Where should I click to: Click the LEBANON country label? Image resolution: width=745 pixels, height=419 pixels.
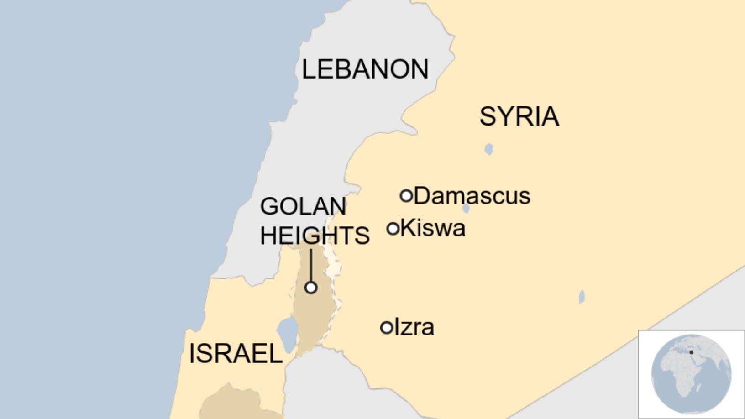(x=365, y=69)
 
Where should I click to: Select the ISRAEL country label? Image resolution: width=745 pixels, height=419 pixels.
(x=236, y=354)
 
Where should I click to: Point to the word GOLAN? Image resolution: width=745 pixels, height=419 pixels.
(x=303, y=206)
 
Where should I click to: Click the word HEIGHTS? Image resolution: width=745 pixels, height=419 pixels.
(x=315, y=236)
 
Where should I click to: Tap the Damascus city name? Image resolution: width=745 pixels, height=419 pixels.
(x=472, y=196)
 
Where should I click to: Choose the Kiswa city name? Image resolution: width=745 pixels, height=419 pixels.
(x=433, y=228)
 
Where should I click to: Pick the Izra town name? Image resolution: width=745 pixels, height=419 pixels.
(x=414, y=327)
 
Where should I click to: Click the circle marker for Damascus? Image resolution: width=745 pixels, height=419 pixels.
(x=406, y=196)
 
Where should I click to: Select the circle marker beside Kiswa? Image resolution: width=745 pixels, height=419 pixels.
(x=393, y=228)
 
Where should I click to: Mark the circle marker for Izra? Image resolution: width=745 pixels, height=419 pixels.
(x=387, y=327)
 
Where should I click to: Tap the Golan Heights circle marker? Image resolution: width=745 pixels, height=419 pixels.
(x=311, y=288)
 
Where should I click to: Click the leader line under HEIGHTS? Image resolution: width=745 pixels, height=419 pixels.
(x=311, y=265)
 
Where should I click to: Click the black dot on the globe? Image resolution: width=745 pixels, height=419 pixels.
(x=691, y=352)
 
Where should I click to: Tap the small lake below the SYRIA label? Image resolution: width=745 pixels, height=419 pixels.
(x=489, y=149)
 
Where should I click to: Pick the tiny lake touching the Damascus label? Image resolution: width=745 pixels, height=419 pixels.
(x=466, y=209)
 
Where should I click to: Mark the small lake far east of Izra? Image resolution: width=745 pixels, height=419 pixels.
(x=582, y=297)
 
